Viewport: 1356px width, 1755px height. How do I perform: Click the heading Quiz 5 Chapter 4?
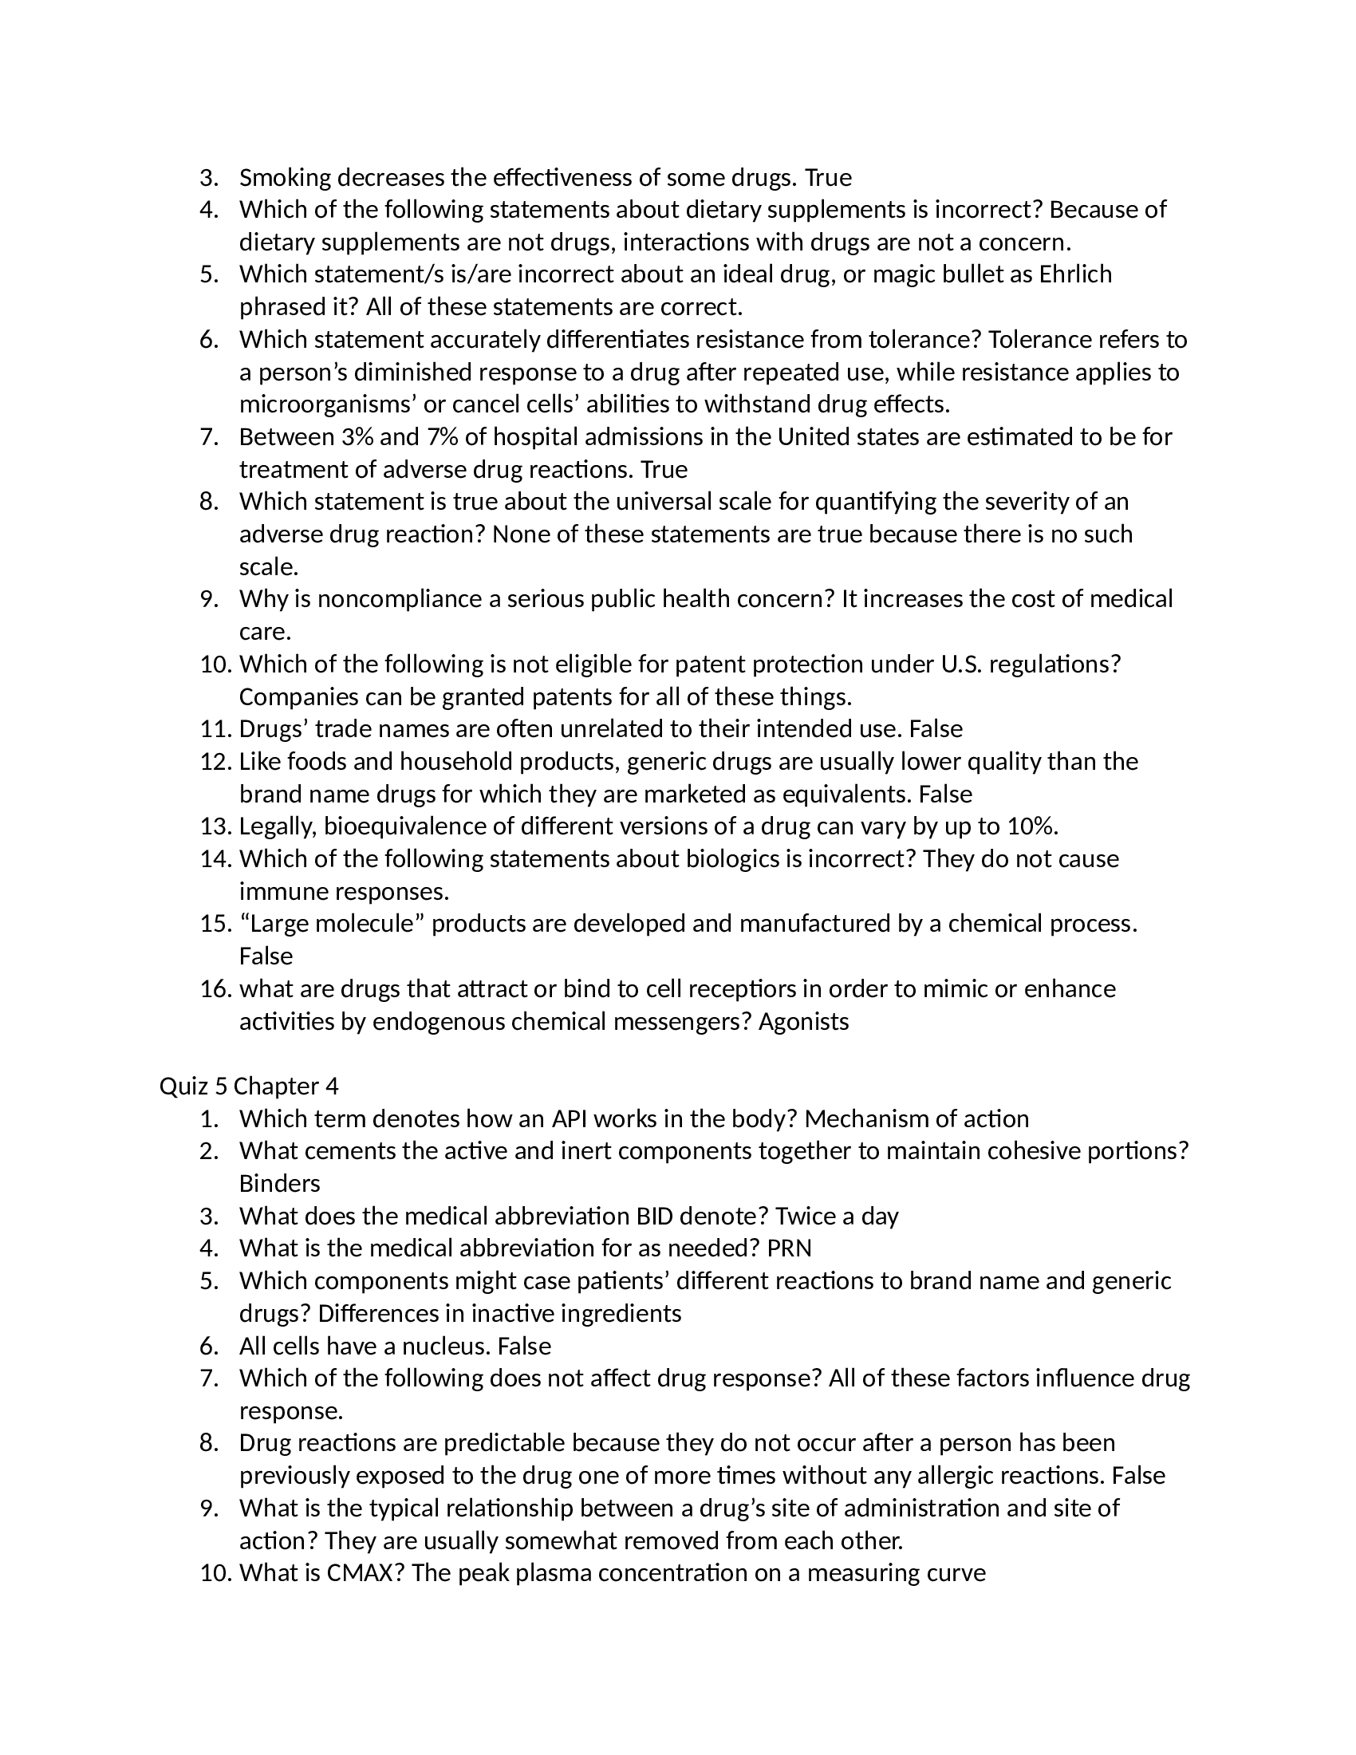coord(249,1087)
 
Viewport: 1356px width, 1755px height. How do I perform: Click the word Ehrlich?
coord(1075,275)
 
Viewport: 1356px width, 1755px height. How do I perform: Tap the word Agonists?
coord(803,1022)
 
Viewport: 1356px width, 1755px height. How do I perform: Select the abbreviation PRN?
coord(790,1248)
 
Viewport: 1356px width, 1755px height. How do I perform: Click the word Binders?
coord(279,1184)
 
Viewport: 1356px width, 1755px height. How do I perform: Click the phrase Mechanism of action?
coord(916,1119)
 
